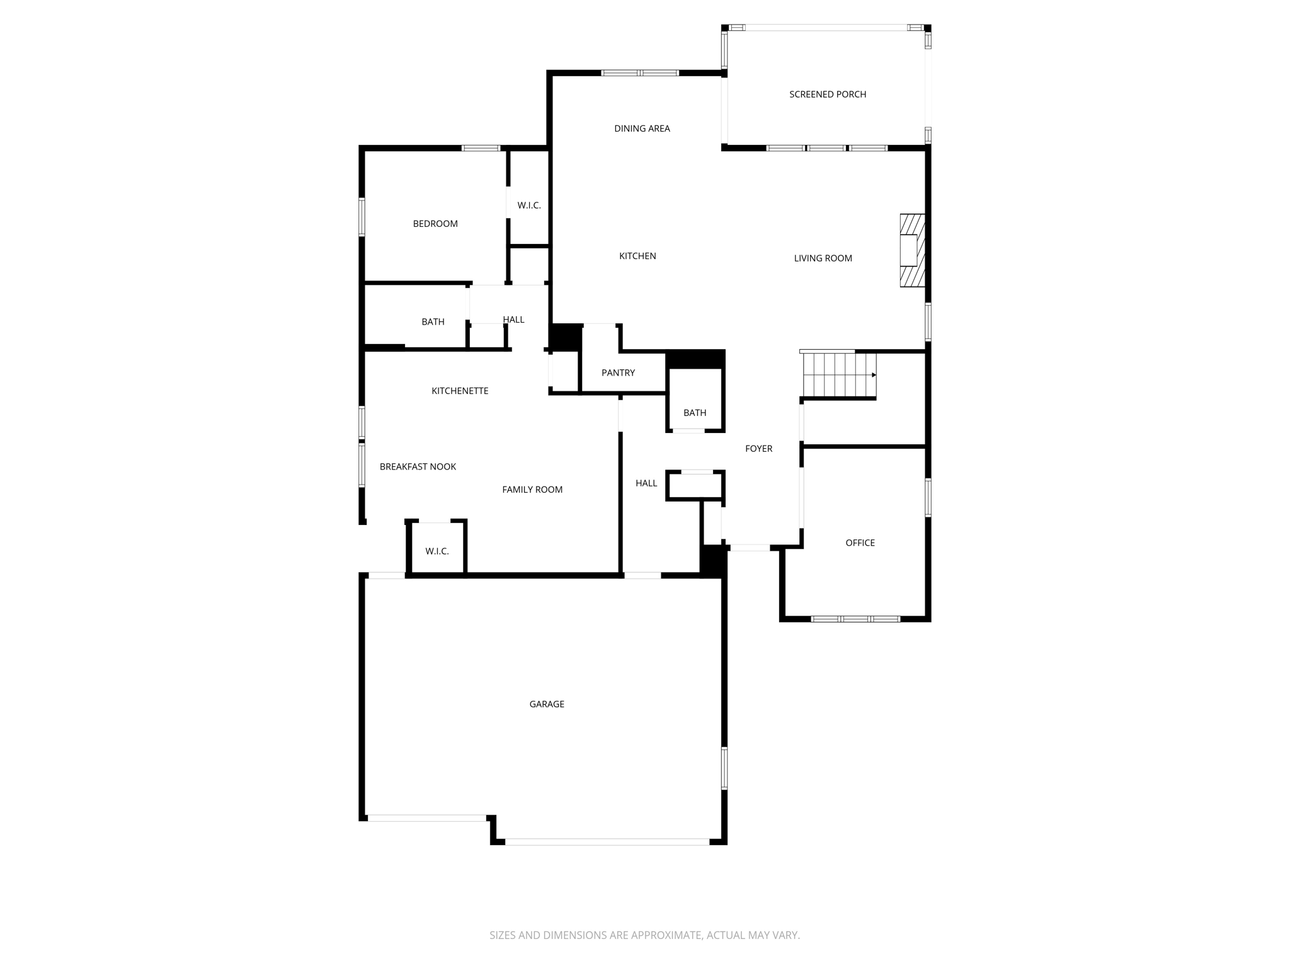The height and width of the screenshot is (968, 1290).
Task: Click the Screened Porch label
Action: pos(828,95)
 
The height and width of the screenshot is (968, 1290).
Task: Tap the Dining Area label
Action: pos(642,129)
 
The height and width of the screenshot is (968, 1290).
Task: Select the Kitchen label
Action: pos(637,256)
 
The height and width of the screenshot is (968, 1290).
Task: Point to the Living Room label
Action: pos(823,258)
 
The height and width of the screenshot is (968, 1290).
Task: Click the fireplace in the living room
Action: pos(911,250)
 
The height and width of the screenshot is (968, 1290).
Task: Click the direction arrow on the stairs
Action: pos(874,375)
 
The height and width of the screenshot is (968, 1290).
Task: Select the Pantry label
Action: pos(618,373)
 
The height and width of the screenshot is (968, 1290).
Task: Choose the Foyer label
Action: pos(758,449)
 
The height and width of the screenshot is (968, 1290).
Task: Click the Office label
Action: pos(860,543)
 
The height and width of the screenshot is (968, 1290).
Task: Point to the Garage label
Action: pos(547,704)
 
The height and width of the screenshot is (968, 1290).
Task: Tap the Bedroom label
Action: pos(435,224)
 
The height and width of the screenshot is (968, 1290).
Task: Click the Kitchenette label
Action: pos(460,391)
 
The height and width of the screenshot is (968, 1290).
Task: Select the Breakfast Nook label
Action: pos(418,467)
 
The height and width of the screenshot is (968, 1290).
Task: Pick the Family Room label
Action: pos(532,490)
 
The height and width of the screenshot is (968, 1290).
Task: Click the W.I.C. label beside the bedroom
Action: pos(529,205)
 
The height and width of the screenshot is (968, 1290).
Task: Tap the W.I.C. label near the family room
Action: pos(437,551)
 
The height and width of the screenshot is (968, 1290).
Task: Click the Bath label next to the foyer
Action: pos(695,413)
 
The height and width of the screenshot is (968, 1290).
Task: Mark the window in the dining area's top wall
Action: pos(640,73)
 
